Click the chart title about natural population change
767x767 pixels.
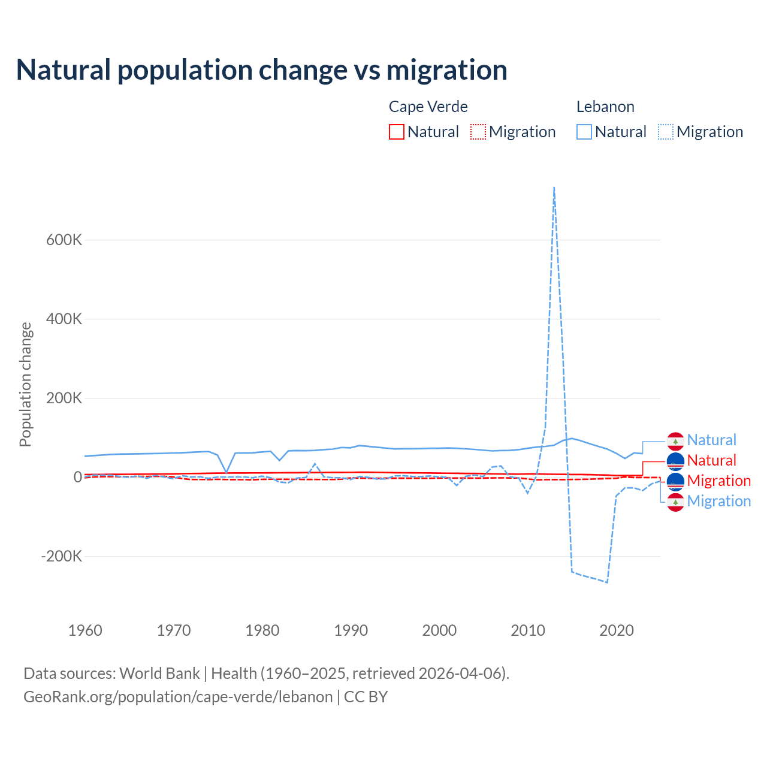coord(262,70)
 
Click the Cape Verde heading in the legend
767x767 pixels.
coord(428,107)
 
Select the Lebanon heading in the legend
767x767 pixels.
coord(605,107)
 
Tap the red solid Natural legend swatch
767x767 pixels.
coord(396,132)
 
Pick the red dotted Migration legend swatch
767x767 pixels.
coord(478,132)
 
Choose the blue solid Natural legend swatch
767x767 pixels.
coord(584,132)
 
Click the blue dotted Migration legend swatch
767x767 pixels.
coord(665,132)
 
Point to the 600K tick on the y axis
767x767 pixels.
coord(64,240)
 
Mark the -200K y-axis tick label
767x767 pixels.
coord(62,556)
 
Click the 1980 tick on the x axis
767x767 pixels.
coord(262,630)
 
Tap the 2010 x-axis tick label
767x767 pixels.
coord(528,630)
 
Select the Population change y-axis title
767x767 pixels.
coord(25,384)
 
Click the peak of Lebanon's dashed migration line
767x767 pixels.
coord(554,188)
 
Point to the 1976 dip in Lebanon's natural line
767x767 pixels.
coord(227,472)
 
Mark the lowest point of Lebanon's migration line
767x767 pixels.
coord(607,582)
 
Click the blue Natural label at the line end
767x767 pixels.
coord(711,440)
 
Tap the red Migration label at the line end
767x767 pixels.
coord(718,481)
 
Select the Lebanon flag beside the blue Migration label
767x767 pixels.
coord(675,502)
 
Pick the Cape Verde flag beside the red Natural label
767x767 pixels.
coord(675,461)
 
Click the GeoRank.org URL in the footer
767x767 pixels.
coord(178,697)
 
